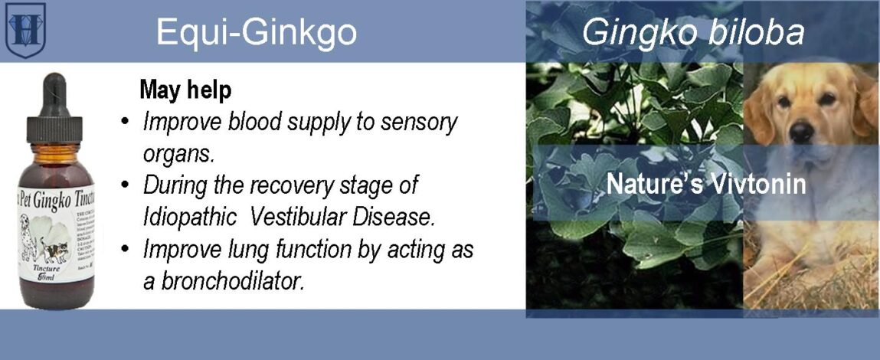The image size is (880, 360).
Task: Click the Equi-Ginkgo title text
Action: (256, 32)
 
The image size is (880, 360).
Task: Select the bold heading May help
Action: (185, 90)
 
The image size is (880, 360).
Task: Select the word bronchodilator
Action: (224, 280)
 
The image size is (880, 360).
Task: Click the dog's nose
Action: (802, 132)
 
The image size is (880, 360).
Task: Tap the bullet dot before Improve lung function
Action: (125, 250)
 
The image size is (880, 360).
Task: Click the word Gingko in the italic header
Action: (626, 33)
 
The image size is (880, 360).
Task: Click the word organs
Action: (178, 153)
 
